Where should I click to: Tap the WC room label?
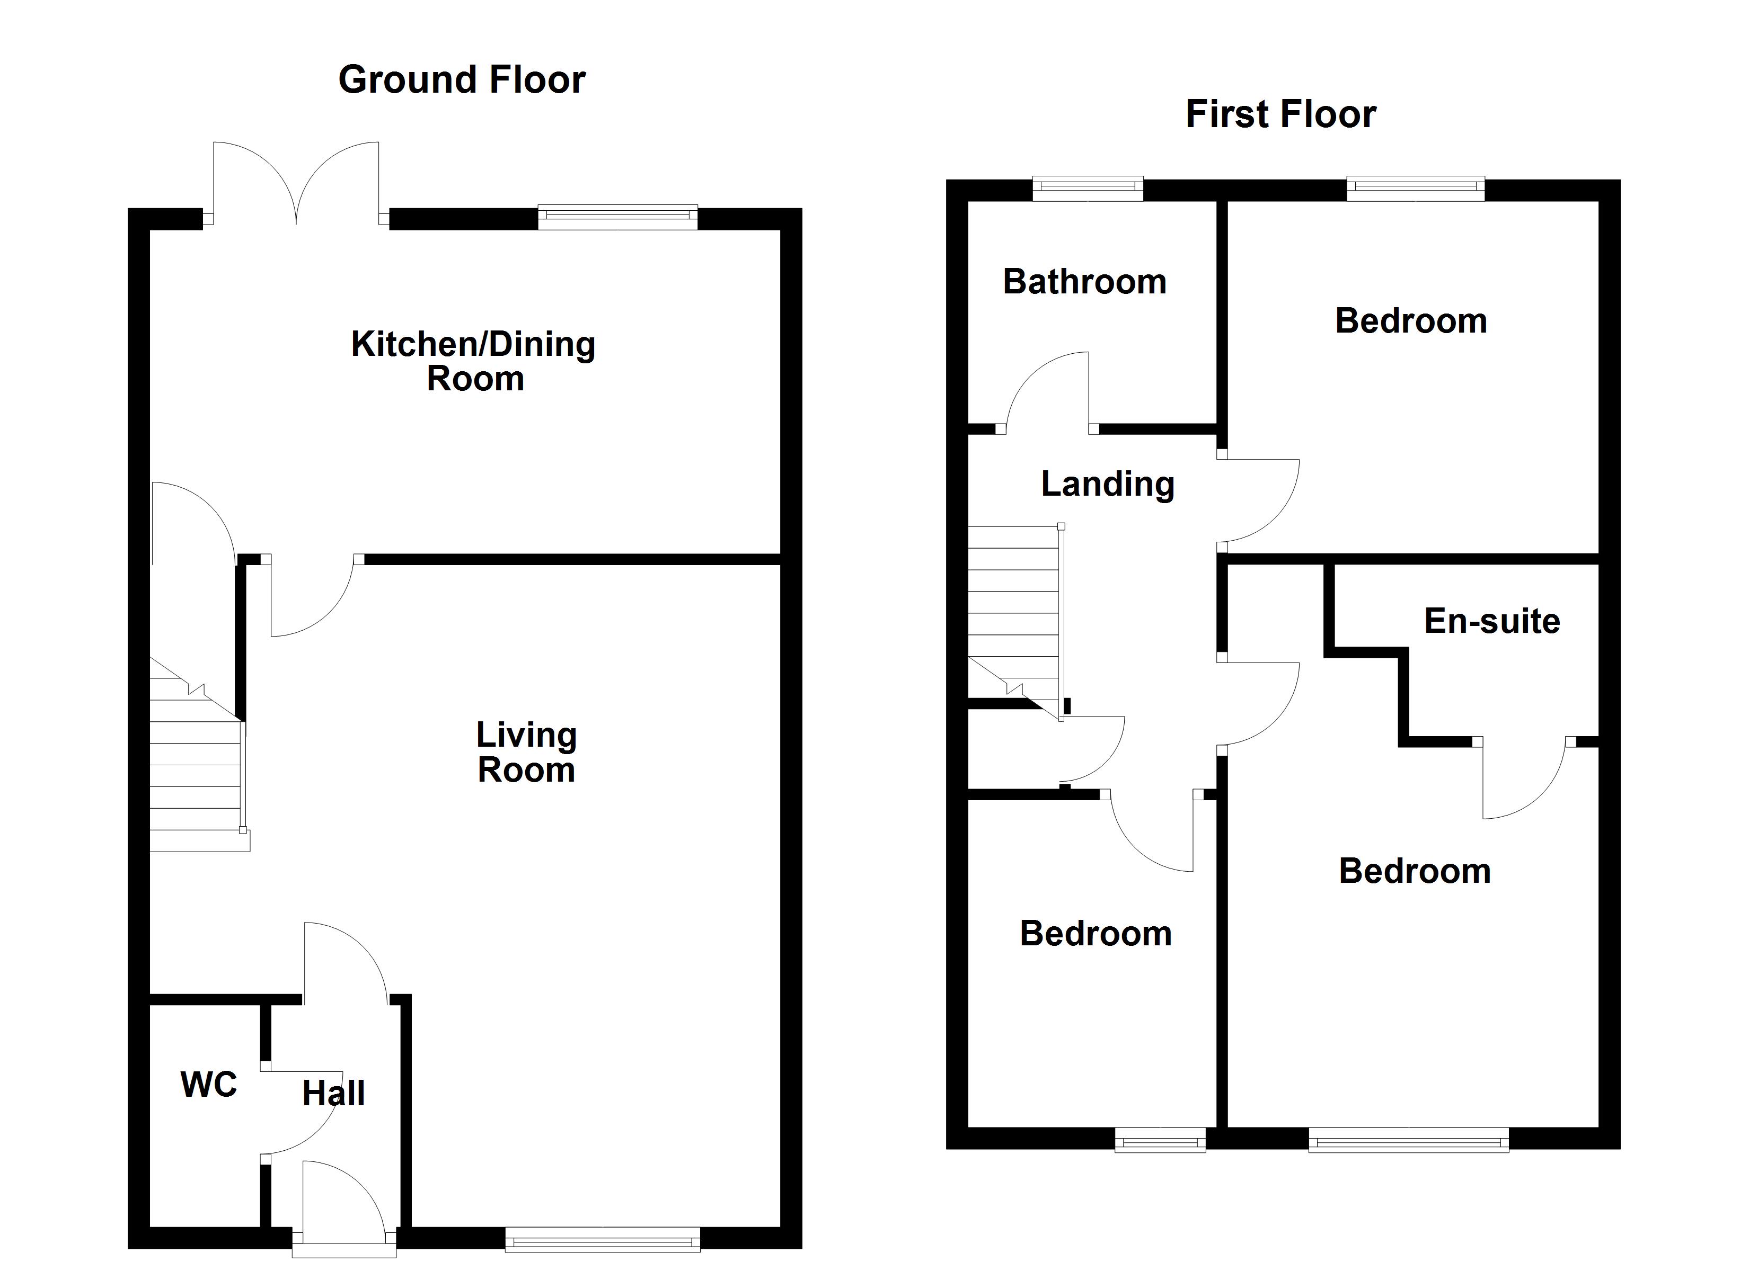(208, 1085)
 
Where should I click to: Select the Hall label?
(333, 1093)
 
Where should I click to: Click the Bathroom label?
(1084, 282)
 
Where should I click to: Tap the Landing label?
(1107, 484)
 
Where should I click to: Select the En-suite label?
(1491, 621)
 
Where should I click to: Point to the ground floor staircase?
(197, 763)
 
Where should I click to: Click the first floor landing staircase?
(1013, 616)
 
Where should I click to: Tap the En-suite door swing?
(1523, 778)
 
